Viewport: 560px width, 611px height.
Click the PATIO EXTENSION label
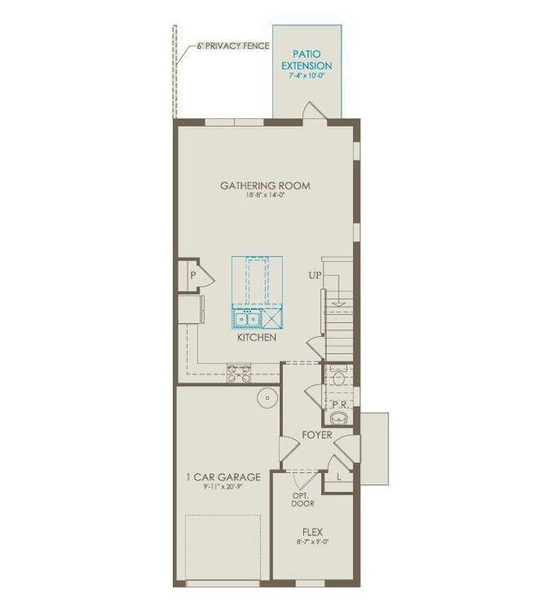coord(307,59)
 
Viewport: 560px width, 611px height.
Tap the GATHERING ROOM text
coord(264,185)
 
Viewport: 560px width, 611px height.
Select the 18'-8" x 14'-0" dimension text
coord(264,196)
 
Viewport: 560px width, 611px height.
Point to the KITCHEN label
coord(257,338)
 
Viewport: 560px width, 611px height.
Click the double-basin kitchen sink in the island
coord(247,318)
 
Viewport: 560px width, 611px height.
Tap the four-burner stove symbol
coord(239,372)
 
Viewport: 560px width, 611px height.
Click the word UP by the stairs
coord(315,276)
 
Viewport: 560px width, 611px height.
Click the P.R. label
coord(339,403)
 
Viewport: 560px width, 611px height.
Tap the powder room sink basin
coord(339,419)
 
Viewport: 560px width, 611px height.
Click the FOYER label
coord(316,435)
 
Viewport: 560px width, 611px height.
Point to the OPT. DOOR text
coord(302,500)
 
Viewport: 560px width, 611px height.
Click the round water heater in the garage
coord(269,398)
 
